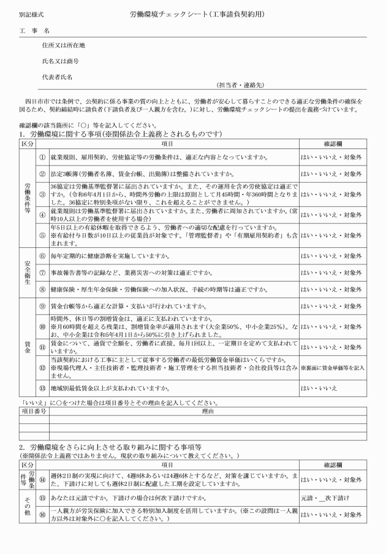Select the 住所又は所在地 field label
coord(63,45)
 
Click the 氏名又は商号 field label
coord(60,61)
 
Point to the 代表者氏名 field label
coord(57,77)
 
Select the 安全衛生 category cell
coord(26,271)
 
